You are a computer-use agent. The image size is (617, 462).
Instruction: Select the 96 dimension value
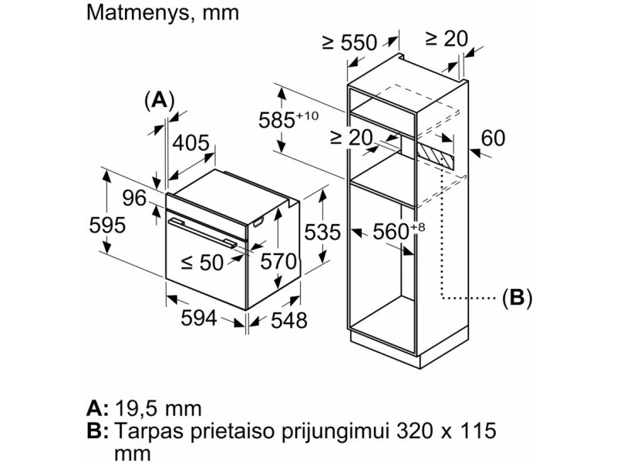[134, 198]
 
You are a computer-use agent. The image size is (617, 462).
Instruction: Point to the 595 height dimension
[107, 225]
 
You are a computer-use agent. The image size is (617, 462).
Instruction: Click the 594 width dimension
[199, 318]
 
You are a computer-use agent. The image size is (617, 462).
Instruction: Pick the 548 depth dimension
[288, 320]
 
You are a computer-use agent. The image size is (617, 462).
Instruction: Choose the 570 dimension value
[278, 262]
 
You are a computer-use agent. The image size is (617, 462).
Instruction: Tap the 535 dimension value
[322, 232]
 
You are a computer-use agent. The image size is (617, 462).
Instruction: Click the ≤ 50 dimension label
[202, 263]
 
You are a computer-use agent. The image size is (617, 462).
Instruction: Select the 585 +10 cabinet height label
[288, 119]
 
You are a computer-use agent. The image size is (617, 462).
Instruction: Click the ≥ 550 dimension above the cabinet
[349, 42]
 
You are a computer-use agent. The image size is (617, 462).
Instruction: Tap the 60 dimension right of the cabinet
[493, 139]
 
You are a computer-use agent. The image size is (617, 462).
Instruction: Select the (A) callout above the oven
[160, 100]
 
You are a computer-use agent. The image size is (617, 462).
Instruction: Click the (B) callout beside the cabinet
[517, 297]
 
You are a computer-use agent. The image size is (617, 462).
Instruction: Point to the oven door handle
[203, 233]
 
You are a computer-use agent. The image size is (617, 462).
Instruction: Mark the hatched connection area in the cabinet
[435, 156]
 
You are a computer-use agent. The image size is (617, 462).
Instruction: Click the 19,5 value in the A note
[138, 409]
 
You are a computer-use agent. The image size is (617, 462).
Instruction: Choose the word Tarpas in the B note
[149, 431]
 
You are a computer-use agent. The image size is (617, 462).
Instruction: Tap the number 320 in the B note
[414, 430]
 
